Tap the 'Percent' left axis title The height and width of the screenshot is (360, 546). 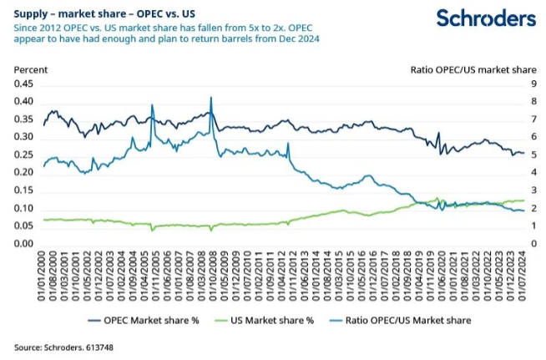coord(31,69)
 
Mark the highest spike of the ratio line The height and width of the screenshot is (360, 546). coord(210,98)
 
